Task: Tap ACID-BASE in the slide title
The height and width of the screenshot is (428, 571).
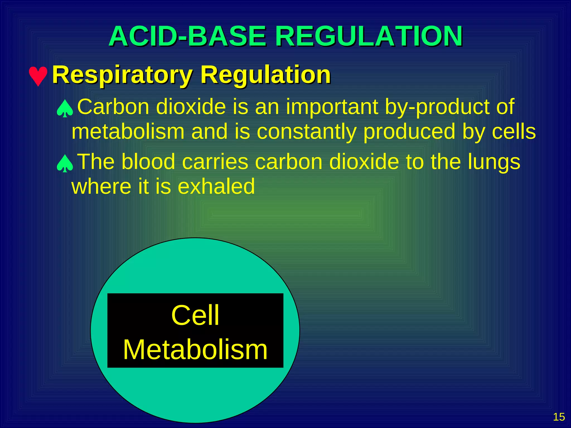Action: pyautogui.click(x=188, y=36)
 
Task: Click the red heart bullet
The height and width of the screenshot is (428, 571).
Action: pyautogui.click(x=38, y=76)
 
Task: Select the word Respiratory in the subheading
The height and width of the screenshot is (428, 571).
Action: pyautogui.click(x=122, y=75)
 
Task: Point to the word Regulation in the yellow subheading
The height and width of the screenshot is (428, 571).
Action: pyautogui.click(x=265, y=75)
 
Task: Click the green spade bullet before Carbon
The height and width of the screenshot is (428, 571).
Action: pyautogui.click(x=65, y=108)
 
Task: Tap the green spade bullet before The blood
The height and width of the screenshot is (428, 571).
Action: pyautogui.click(x=65, y=163)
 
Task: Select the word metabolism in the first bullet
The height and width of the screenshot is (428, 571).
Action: pyautogui.click(x=128, y=132)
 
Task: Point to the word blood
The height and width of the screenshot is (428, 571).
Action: pyautogui.click(x=148, y=162)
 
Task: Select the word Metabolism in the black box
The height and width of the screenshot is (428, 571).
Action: pyautogui.click(x=195, y=349)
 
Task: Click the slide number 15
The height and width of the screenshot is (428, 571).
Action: pyautogui.click(x=559, y=417)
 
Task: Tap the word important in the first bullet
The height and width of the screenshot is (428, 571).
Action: pyautogui.click(x=332, y=107)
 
